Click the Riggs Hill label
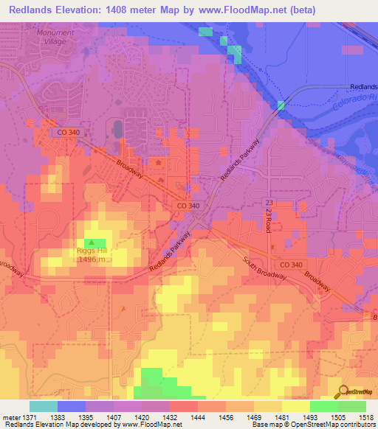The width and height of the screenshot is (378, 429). click(x=92, y=251)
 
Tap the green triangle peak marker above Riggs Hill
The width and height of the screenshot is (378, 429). click(x=92, y=242)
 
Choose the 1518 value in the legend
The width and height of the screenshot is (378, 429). click(x=365, y=416)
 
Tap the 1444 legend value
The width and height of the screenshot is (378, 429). click(x=199, y=416)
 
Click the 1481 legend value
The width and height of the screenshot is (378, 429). click(x=282, y=416)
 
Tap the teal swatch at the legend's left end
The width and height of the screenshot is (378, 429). click(x=43, y=406)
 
